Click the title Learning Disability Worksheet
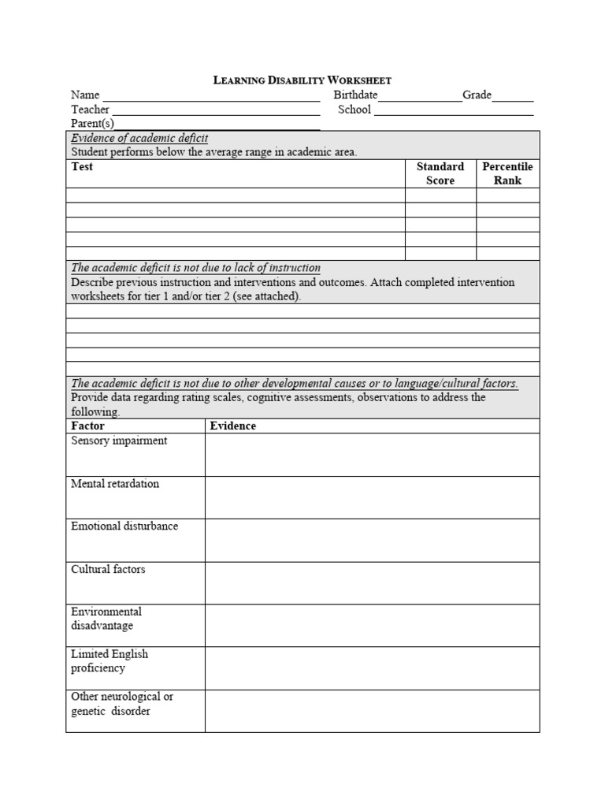[302, 80]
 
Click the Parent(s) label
[92, 124]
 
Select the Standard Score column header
[440, 173]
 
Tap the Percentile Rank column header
[507, 173]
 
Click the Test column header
[82, 167]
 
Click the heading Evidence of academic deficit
[139, 139]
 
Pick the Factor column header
[87, 426]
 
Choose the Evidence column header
[232, 426]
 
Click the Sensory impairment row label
[119, 441]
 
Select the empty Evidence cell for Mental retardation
[372, 497]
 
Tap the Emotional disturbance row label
[124, 526]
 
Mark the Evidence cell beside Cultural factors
[372, 583]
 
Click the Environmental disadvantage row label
[106, 619]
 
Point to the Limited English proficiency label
[109, 661]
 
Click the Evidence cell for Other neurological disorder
[372, 711]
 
